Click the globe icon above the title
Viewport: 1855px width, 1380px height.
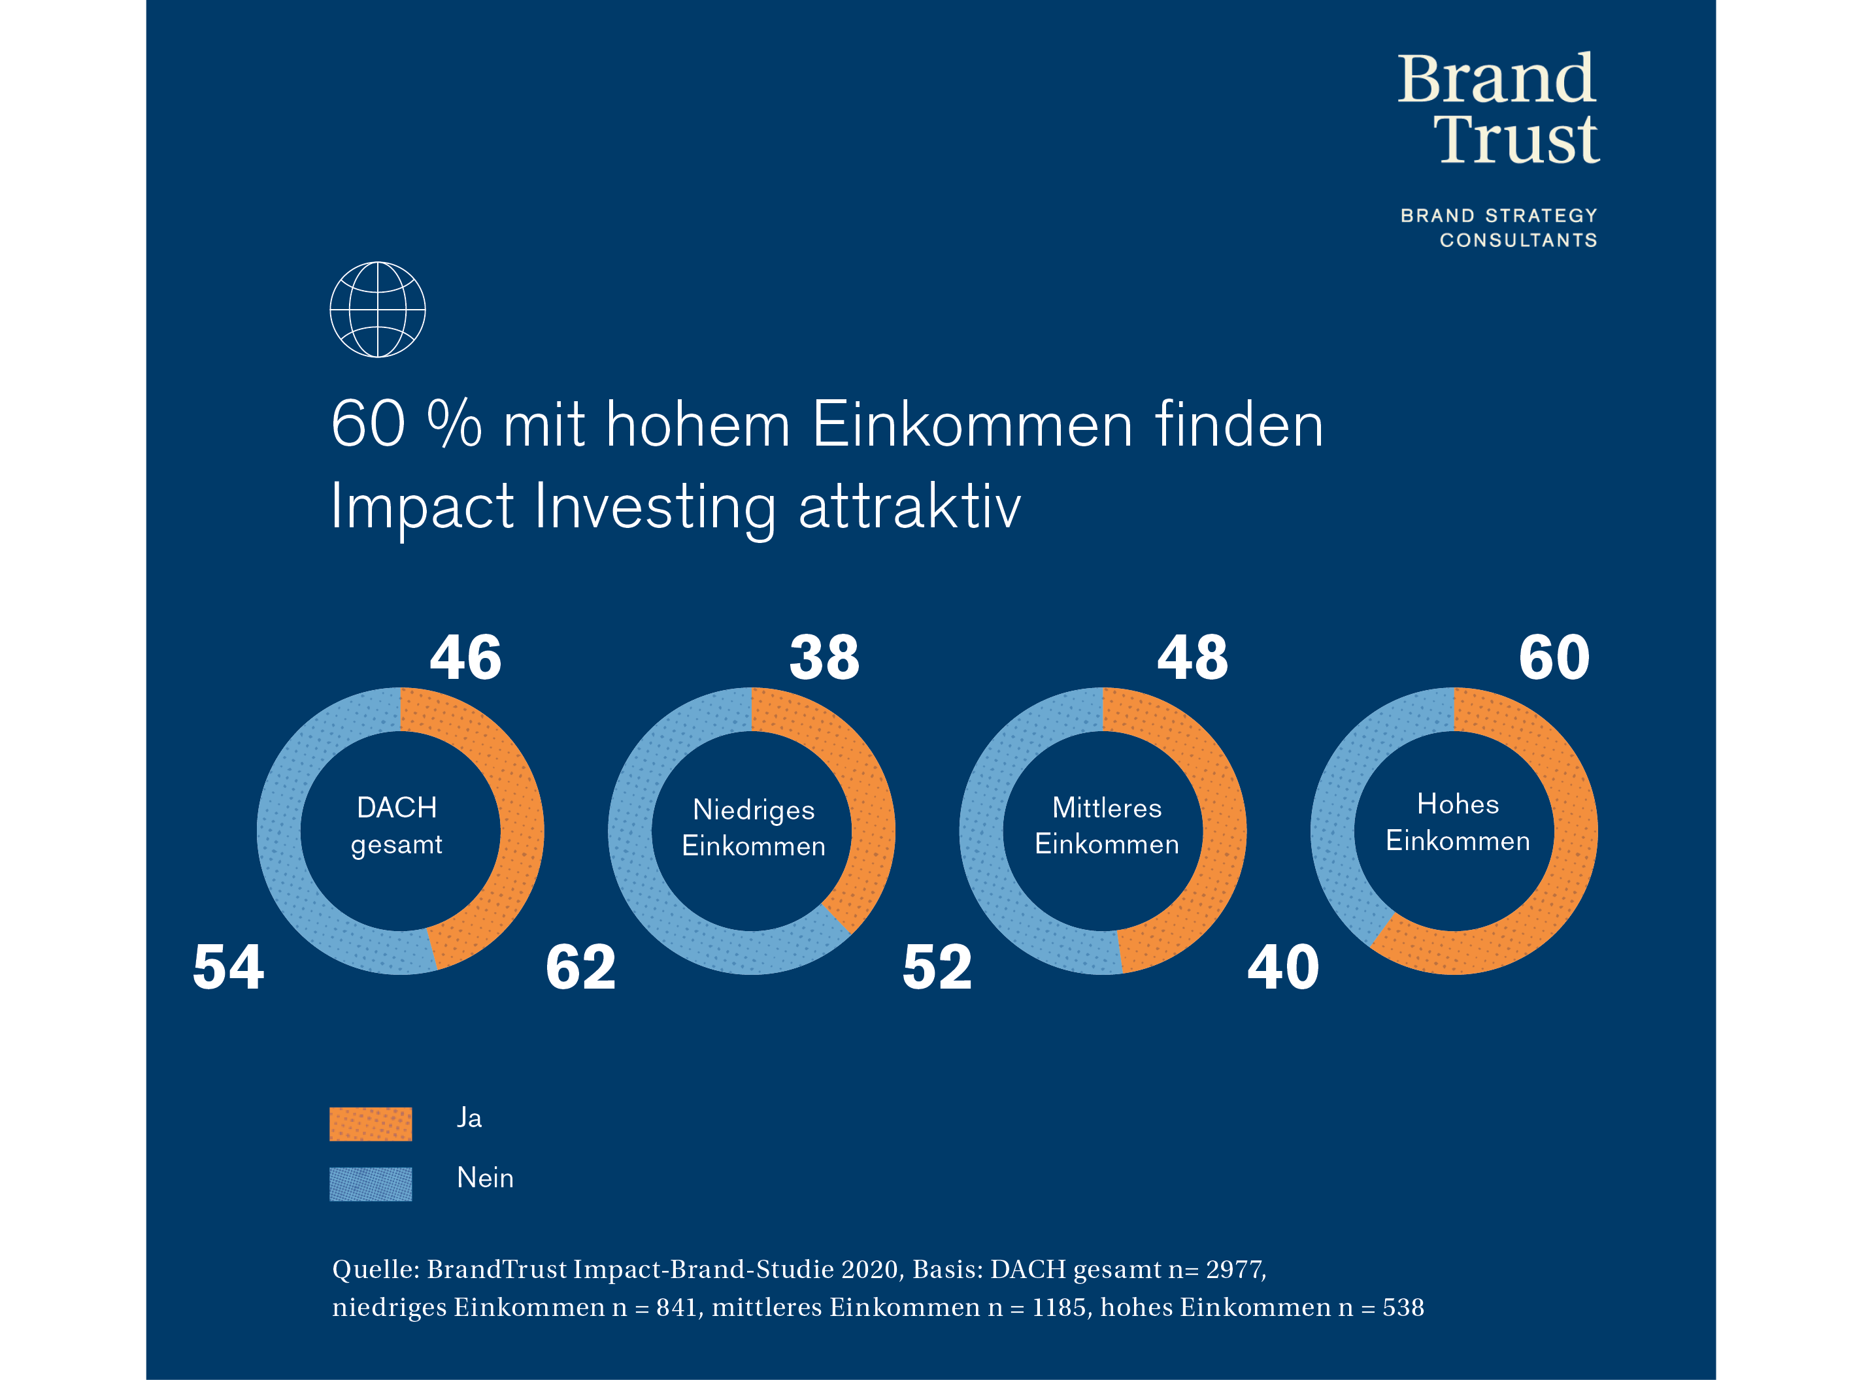click(x=378, y=310)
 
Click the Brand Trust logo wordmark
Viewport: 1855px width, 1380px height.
click(x=1497, y=108)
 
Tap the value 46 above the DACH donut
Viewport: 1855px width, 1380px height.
click(x=465, y=658)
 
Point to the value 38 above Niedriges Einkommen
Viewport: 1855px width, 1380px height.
click(x=824, y=658)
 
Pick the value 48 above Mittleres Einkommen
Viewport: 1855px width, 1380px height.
click(x=1192, y=658)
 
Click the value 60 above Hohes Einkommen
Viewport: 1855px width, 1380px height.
click(x=1554, y=658)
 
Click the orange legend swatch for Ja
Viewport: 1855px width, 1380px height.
click(x=370, y=1124)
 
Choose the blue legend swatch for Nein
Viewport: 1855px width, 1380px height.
click(x=370, y=1184)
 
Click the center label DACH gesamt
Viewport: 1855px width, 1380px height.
click(x=397, y=825)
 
